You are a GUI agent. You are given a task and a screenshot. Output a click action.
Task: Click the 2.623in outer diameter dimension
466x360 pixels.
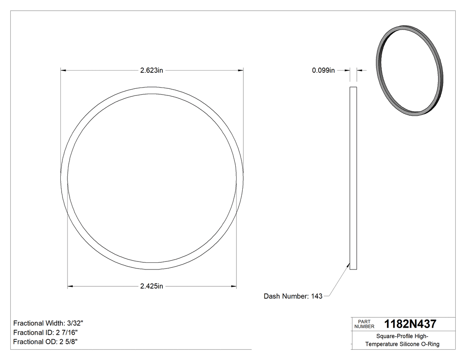(152, 70)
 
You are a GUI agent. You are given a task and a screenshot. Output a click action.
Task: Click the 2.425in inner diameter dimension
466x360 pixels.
(152, 286)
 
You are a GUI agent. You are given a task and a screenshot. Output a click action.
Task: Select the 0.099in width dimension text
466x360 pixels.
(323, 70)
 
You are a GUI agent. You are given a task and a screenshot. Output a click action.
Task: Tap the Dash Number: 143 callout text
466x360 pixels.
(293, 296)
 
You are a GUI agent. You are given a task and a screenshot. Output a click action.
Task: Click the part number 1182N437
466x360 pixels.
(410, 324)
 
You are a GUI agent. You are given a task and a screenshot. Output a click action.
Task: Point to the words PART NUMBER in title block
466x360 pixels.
(364, 324)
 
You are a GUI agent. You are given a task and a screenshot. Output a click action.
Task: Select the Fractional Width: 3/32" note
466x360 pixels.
(48, 323)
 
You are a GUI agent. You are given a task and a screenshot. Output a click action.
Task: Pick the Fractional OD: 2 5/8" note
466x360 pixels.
(46, 342)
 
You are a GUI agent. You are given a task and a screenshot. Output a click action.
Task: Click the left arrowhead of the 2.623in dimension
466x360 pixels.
(63, 70)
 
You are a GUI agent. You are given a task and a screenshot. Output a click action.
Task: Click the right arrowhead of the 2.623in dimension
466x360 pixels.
(241, 70)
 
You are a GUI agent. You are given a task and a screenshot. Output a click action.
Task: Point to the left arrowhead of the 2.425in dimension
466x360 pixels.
(70, 286)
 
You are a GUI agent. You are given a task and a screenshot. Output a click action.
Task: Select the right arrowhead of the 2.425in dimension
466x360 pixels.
(234, 286)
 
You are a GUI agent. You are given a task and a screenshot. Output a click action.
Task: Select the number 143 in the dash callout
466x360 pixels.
(317, 296)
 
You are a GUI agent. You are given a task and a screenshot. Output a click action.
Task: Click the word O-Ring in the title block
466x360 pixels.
(430, 344)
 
